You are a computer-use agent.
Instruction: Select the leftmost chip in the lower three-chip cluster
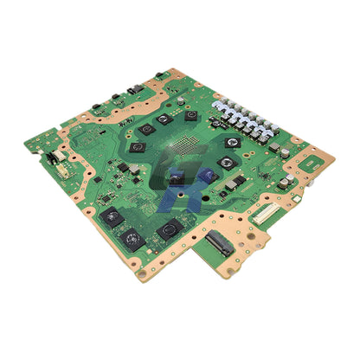coord(111,217)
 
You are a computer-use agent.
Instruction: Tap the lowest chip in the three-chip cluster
coord(132,237)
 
